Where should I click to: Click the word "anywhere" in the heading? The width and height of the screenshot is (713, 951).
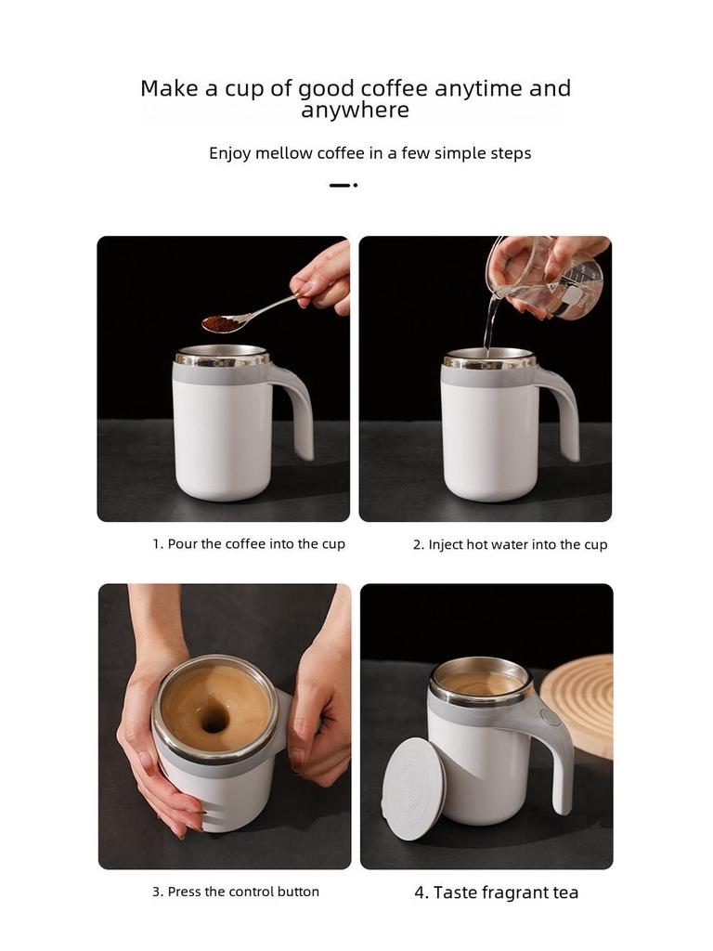(356, 111)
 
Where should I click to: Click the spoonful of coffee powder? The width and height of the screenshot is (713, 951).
(221, 323)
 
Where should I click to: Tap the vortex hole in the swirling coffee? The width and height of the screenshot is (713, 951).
(213, 718)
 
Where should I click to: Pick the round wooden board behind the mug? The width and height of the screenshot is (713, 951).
(578, 704)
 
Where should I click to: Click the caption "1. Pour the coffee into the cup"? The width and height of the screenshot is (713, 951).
(249, 544)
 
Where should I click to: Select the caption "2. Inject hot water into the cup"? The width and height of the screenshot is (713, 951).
(510, 544)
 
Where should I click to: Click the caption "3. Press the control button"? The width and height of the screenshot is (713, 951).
(236, 892)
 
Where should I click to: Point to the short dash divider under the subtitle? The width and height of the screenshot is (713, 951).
(344, 185)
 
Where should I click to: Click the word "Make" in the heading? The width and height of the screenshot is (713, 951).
(170, 88)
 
